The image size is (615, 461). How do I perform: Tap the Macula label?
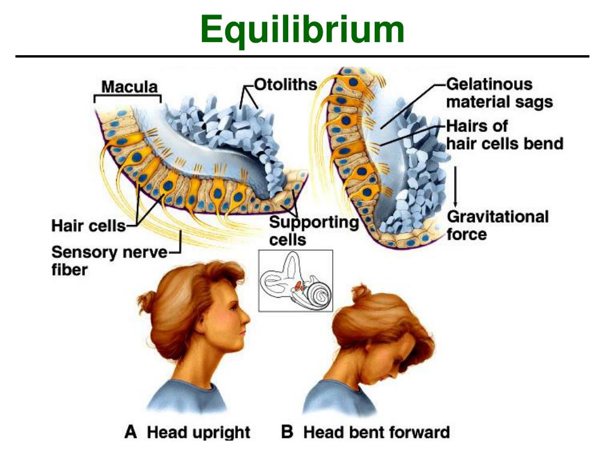[129, 86]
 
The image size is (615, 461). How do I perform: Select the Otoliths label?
[285, 84]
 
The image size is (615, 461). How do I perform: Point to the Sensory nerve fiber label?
[109, 252]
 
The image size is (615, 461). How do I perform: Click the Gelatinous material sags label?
[498, 93]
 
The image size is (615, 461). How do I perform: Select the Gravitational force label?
[497, 224]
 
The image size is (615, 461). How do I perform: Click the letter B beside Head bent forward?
[287, 432]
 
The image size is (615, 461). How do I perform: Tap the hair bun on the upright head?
[145, 300]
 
